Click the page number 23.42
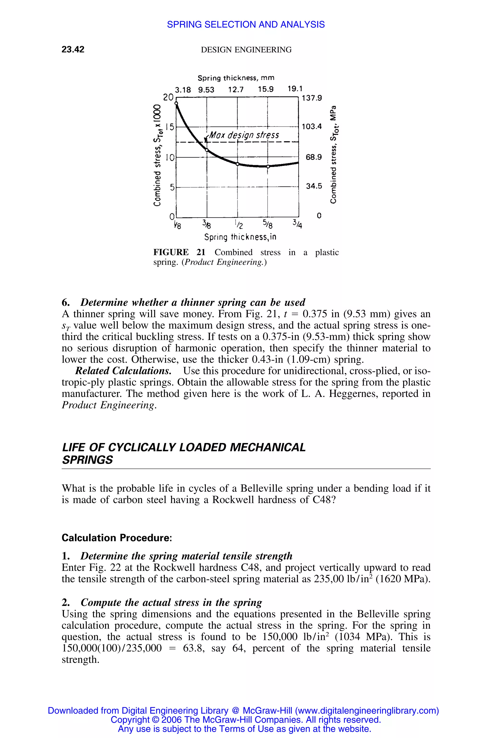pyautogui.click(x=73, y=49)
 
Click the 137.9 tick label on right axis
pyautogui.click(x=312, y=98)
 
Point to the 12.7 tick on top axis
pyautogui.click(x=236, y=90)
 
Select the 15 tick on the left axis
pyautogui.click(x=170, y=127)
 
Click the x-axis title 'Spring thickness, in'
pyautogui.click(x=240, y=237)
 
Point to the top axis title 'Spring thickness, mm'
pyautogui.click(x=236, y=78)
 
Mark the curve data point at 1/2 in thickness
pyautogui.click(x=238, y=164)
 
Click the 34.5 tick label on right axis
pyautogui.click(x=314, y=186)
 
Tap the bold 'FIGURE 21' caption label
pyautogui.click(x=179, y=252)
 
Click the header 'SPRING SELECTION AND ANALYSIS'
pyautogui.click(x=246, y=25)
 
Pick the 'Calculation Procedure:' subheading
pyautogui.click(x=117, y=537)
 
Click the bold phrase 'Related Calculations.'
pyautogui.click(x=123, y=371)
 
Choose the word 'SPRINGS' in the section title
pyautogui.click(x=87, y=460)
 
